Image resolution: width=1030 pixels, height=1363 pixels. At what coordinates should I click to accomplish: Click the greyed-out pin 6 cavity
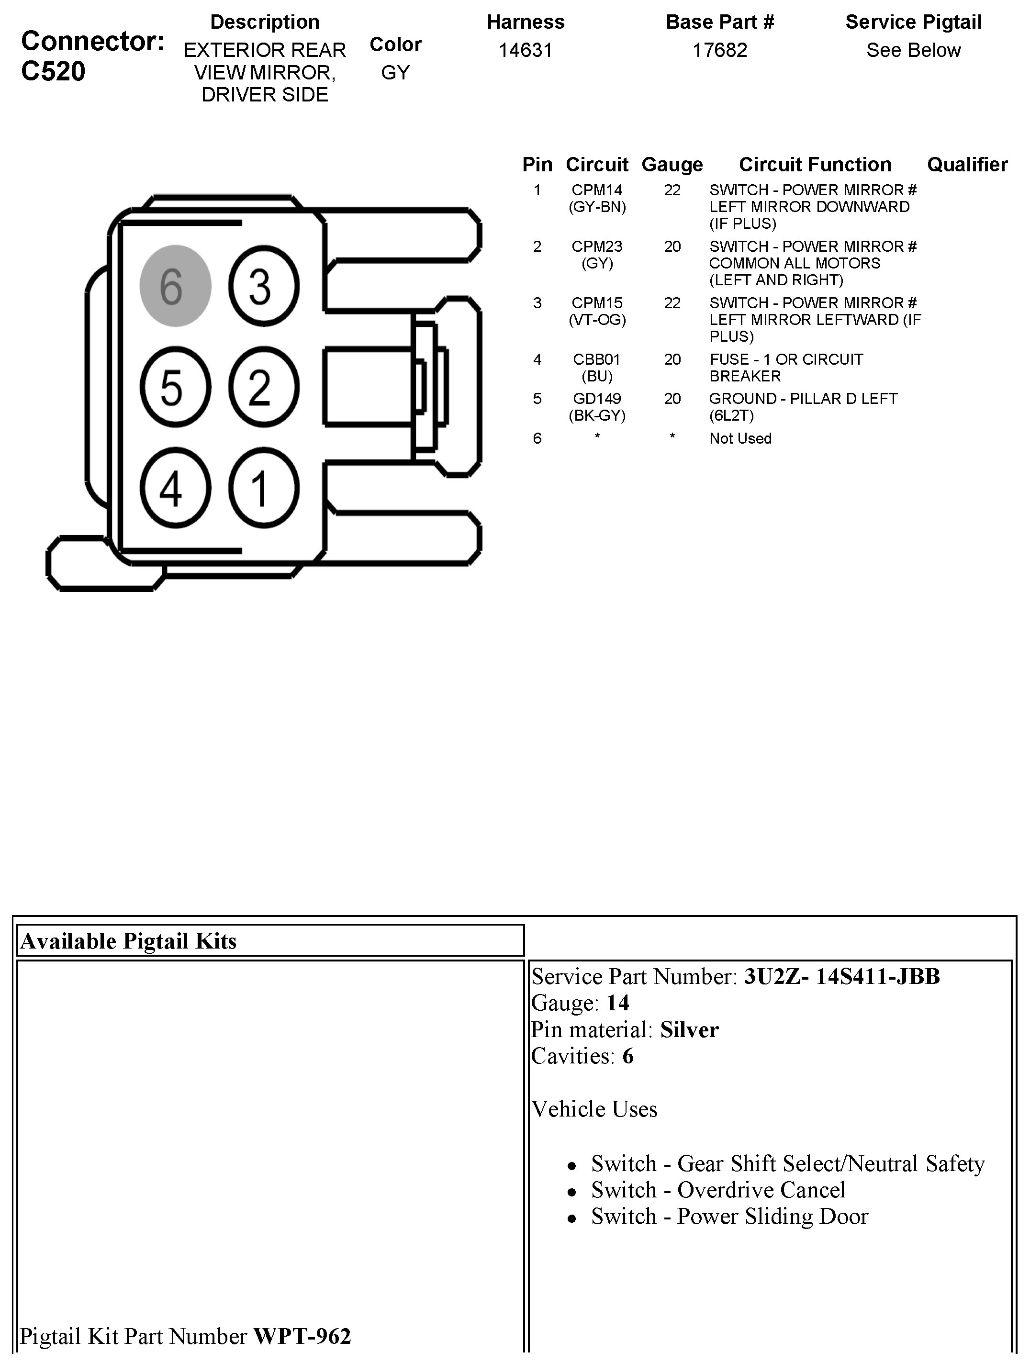176,286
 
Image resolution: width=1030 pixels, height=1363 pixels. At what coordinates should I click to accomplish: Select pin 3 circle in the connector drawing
264,286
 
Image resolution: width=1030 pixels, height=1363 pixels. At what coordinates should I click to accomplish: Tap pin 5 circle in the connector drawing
176,387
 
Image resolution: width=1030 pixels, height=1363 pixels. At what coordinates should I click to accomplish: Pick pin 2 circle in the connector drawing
264,387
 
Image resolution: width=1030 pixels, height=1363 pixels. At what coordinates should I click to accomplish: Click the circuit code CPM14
597,190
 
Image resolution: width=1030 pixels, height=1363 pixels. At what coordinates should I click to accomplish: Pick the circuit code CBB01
597,359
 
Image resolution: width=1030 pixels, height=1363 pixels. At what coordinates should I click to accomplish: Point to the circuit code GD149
597,399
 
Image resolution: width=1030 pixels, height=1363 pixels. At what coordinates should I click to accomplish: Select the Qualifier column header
966,165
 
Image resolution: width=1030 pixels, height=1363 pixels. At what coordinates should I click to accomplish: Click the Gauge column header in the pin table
672,165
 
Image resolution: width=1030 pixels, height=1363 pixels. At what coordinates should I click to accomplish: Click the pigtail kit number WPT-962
302,1336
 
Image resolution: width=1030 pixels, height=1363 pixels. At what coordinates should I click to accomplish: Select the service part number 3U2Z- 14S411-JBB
841,977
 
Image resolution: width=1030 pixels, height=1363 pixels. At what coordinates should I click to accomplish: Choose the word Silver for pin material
689,1029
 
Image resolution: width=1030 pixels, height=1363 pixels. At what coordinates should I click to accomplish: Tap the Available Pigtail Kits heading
128,941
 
